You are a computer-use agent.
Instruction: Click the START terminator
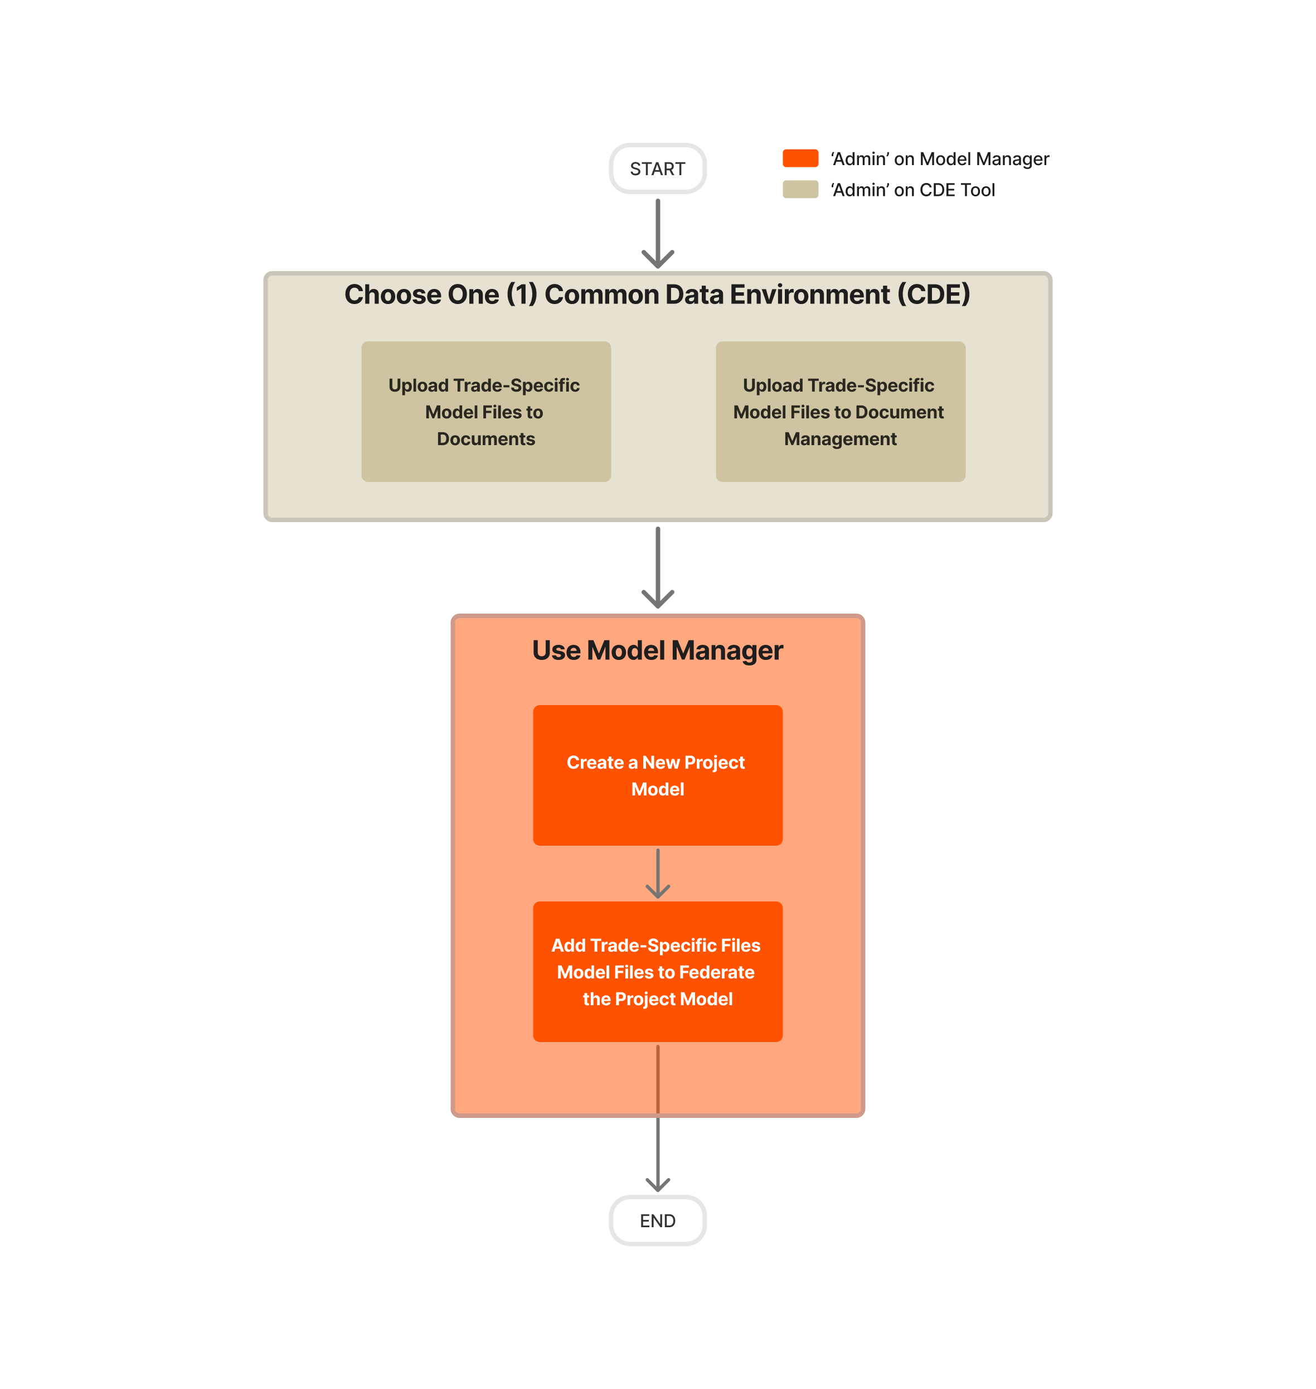pos(657,169)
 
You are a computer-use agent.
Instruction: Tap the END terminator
pos(657,1221)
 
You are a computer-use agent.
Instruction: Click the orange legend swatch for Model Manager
pos(800,158)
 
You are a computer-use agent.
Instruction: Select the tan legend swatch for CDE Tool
pos(800,190)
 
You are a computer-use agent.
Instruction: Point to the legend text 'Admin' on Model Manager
pos(939,160)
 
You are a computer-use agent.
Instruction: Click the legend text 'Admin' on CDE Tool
pos(912,190)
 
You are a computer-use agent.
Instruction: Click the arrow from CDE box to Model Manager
pos(658,567)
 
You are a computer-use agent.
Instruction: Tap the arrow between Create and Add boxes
pos(658,873)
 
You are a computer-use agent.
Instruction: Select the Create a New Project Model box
pos(657,775)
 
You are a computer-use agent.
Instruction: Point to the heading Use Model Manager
pos(657,650)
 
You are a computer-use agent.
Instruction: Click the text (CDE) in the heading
pos(934,295)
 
